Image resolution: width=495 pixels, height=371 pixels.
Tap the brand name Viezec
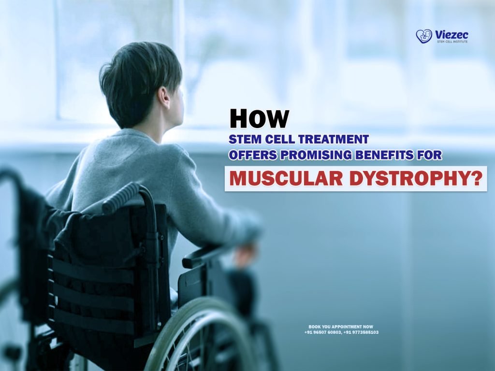point(451,34)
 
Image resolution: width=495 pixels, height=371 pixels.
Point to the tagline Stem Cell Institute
point(451,42)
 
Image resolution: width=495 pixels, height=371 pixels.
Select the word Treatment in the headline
point(333,140)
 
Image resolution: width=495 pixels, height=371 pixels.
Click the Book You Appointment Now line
point(341,327)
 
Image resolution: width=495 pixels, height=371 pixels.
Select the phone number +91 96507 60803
point(323,332)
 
